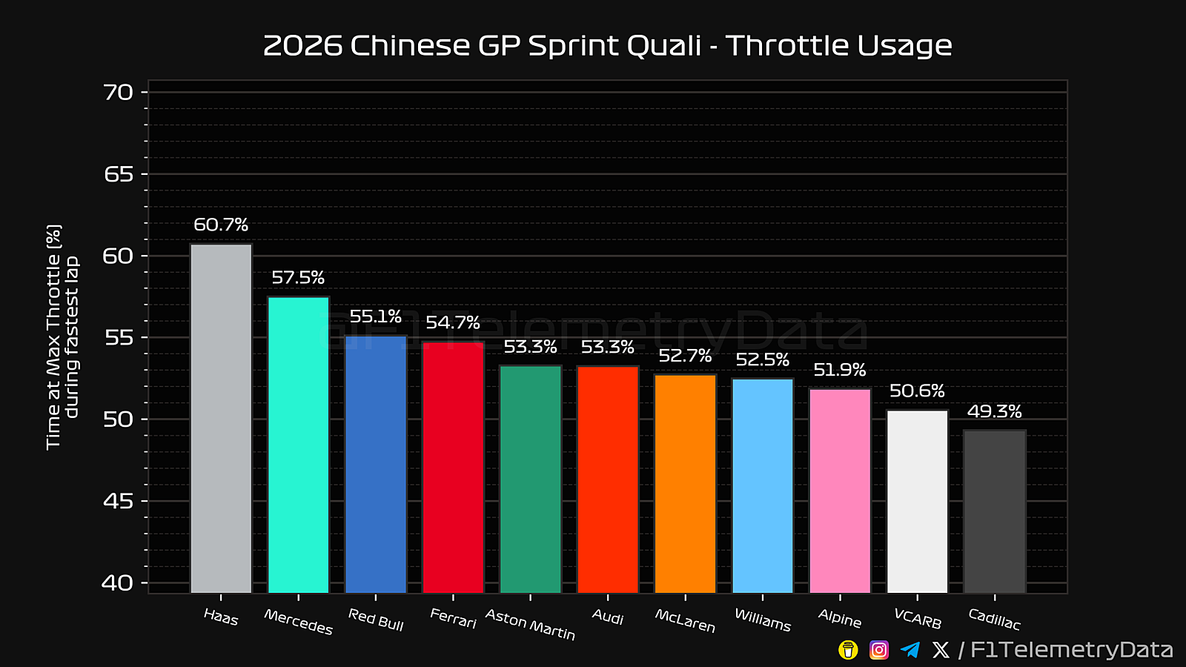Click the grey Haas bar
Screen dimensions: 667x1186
[x=221, y=418]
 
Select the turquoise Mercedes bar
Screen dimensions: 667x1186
[x=298, y=445]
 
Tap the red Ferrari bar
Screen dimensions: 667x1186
[x=453, y=467]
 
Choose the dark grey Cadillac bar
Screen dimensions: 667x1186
[x=995, y=511]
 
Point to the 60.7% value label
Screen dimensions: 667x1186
[x=221, y=225]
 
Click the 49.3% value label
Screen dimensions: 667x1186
[x=995, y=411]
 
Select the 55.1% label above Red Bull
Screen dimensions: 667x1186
[x=376, y=316]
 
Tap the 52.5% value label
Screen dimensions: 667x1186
[x=763, y=360]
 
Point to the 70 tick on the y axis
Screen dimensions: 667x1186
[x=119, y=93]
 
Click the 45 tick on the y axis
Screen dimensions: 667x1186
[x=119, y=502]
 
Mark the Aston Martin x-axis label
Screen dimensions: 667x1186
[x=530, y=624]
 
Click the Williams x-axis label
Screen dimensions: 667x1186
[x=763, y=620]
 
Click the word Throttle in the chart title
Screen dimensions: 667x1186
[x=787, y=46]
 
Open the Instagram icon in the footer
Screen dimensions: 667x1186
[x=879, y=650]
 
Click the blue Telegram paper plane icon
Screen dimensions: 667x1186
[x=910, y=650]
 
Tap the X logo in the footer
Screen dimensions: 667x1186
[x=941, y=650]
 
